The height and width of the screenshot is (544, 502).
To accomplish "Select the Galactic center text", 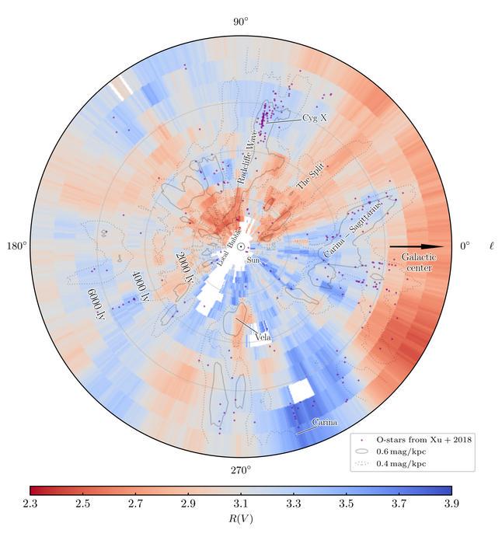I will (419, 262).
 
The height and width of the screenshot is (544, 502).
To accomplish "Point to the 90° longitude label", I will (241, 22).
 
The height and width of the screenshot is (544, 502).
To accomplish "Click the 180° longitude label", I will (16, 246).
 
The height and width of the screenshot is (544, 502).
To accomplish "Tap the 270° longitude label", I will (241, 471).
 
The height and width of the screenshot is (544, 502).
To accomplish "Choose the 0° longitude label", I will (464, 246).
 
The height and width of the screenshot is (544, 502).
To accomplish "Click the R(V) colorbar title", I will (241, 519).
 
